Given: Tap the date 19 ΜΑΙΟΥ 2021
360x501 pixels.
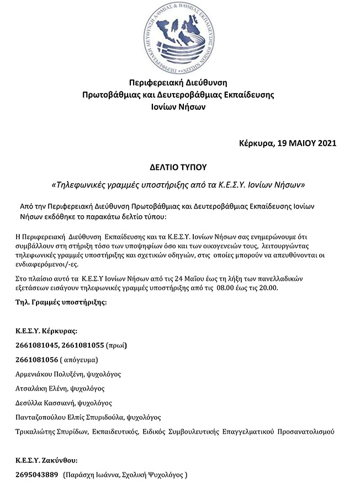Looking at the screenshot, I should (306, 143).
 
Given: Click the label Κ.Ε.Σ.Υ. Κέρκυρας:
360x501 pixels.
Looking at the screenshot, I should (46, 332).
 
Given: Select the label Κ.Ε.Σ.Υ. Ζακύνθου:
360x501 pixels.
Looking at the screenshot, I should (46, 460).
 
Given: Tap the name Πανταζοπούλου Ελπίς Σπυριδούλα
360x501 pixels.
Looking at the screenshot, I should (70, 417).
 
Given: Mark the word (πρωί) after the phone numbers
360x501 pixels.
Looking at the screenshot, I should (116, 346).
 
